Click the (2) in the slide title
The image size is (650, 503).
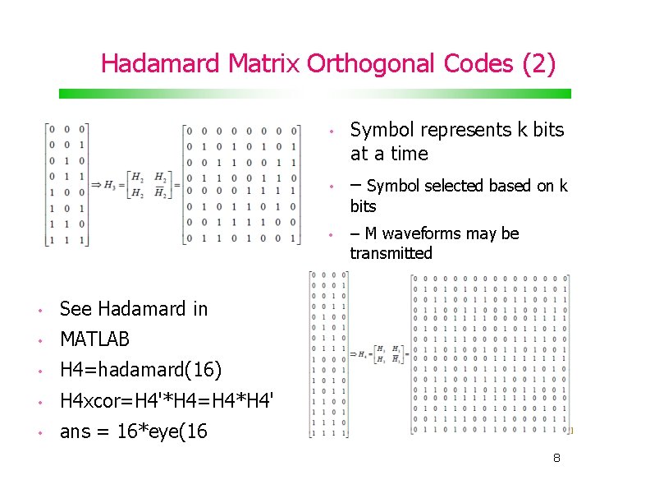tap(538, 63)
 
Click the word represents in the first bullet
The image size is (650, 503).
tap(462, 130)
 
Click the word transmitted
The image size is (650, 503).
tap(391, 253)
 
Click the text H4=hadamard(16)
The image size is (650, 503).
tap(141, 370)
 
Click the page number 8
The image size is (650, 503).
tap(556, 458)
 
